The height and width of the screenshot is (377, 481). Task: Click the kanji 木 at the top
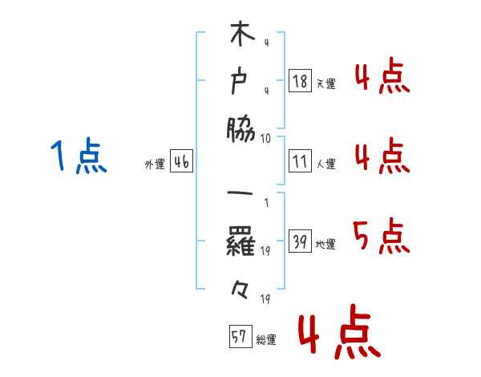point(240,37)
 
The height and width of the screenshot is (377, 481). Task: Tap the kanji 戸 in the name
point(240,81)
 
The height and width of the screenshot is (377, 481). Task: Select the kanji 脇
point(240,128)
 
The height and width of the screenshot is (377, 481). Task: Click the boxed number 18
point(300,80)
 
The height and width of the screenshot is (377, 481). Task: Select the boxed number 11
point(300,160)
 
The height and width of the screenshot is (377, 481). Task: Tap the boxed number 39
point(300,241)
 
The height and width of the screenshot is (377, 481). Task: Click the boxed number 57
point(239,337)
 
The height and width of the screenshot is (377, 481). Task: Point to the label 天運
point(325,83)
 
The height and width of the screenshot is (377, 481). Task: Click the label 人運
point(325,164)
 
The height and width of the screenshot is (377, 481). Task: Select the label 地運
point(325,245)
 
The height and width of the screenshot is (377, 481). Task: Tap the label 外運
point(154,164)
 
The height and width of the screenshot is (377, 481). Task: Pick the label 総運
point(265,340)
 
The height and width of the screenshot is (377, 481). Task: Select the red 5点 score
point(382,237)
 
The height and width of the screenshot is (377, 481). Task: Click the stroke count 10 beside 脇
point(266,138)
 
